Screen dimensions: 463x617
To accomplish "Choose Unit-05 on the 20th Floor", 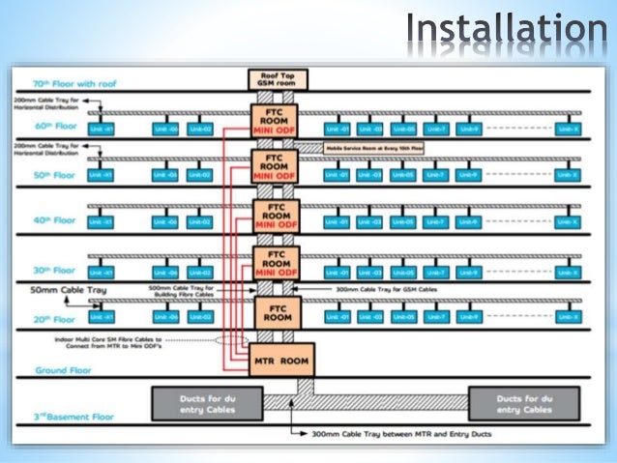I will [x=403, y=317].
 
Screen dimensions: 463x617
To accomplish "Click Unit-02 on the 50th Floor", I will [x=199, y=175].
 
